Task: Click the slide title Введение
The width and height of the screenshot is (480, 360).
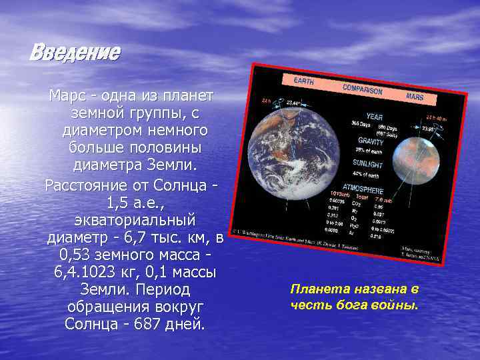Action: pyautogui.click(x=75, y=53)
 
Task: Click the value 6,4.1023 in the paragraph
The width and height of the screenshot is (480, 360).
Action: pyautogui.click(x=86, y=272)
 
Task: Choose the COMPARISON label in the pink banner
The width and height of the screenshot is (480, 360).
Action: pyautogui.click(x=362, y=89)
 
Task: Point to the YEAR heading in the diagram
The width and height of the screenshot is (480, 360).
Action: pyautogui.click(x=374, y=117)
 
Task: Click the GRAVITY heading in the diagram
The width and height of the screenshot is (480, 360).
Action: pyautogui.click(x=371, y=141)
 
